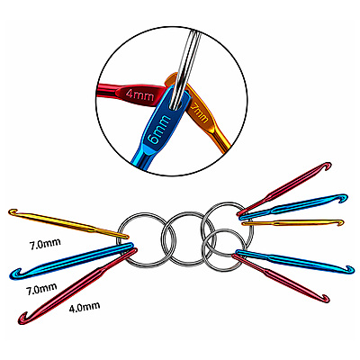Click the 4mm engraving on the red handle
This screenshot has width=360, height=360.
pos(139,95)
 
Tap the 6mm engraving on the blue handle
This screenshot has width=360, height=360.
pos(159,130)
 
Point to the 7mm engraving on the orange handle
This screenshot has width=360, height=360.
pos(200,112)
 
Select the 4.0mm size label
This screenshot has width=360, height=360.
pos(85,307)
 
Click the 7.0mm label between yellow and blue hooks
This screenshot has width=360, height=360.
pos(45,244)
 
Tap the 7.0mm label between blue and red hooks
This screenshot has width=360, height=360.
pos(41,289)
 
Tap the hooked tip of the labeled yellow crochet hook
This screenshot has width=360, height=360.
pos(12,212)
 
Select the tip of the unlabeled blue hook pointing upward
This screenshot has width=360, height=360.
pos(344,198)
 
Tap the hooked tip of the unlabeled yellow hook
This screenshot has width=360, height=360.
pos(340,222)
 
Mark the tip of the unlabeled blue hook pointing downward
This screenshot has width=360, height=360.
pos(350,269)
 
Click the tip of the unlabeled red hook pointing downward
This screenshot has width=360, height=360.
pos(326,299)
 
